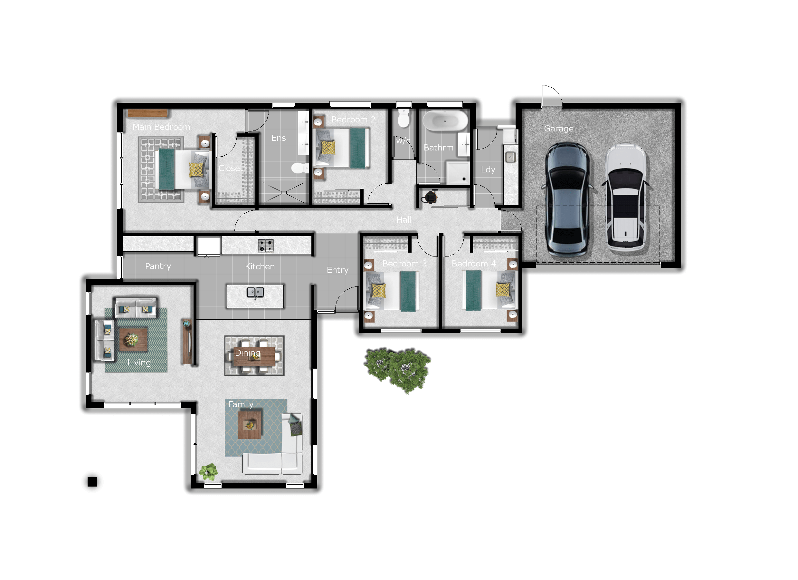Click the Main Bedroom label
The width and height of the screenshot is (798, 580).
coord(162,127)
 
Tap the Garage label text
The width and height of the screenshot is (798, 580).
coord(559,129)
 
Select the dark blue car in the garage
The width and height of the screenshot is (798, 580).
coord(567,199)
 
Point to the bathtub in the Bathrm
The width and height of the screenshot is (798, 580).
coord(445,121)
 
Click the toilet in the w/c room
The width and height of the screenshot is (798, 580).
coord(404,118)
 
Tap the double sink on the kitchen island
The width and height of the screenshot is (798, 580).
coord(255,292)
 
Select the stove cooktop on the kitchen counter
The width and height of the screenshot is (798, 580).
coord(266,246)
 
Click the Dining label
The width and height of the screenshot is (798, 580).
coord(248,353)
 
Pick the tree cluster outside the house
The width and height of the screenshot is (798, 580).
coord(398,370)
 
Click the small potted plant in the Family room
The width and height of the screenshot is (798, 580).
coord(208,472)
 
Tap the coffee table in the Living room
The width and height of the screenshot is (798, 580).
coord(133,340)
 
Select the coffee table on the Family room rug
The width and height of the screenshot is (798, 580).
coord(250,425)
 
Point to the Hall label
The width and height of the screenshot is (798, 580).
coord(404,220)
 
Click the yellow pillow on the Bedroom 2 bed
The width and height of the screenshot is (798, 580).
coord(328,147)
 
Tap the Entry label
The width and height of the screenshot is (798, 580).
coord(337,270)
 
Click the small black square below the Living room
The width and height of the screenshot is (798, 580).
coord(92,482)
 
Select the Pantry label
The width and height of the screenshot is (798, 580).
coord(158,266)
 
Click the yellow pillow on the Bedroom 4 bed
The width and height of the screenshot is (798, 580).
coord(502,290)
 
